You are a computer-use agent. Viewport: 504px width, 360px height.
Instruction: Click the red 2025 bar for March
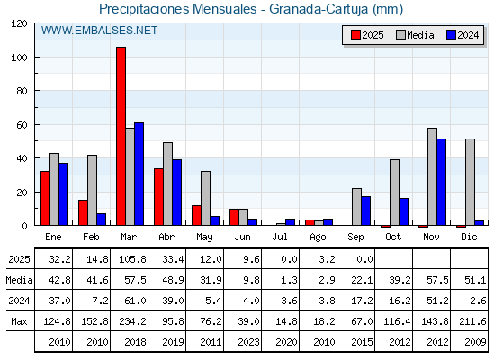click(x=121, y=136)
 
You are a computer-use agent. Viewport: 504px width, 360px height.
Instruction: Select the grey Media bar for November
click(x=432, y=176)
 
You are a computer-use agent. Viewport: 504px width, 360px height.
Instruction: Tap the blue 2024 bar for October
click(x=404, y=211)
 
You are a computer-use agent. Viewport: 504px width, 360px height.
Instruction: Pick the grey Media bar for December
click(x=470, y=182)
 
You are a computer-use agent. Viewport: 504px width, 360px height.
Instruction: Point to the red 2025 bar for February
click(x=83, y=212)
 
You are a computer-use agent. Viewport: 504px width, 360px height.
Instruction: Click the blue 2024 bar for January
click(x=64, y=193)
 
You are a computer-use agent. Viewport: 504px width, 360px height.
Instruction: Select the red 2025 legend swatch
click(x=355, y=35)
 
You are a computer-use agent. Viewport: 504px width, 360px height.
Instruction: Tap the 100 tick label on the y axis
click(x=19, y=58)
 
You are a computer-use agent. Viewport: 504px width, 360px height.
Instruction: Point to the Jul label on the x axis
click(x=280, y=237)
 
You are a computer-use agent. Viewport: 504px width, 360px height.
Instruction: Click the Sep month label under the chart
click(x=355, y=237)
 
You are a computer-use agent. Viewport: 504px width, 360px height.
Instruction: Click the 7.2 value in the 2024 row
click(x=100, y=301)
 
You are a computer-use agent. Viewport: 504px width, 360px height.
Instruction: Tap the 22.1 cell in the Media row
click(x=362, y=280)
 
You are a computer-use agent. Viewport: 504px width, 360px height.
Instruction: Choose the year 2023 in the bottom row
click(x=248, y=342)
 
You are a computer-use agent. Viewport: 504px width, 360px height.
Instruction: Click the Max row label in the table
click(x=19, y=321)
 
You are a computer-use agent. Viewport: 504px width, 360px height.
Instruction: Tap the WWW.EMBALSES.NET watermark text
click(x=99, y=31)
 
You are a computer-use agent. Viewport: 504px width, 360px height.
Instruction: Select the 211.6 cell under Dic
click(x=472, y=321)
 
